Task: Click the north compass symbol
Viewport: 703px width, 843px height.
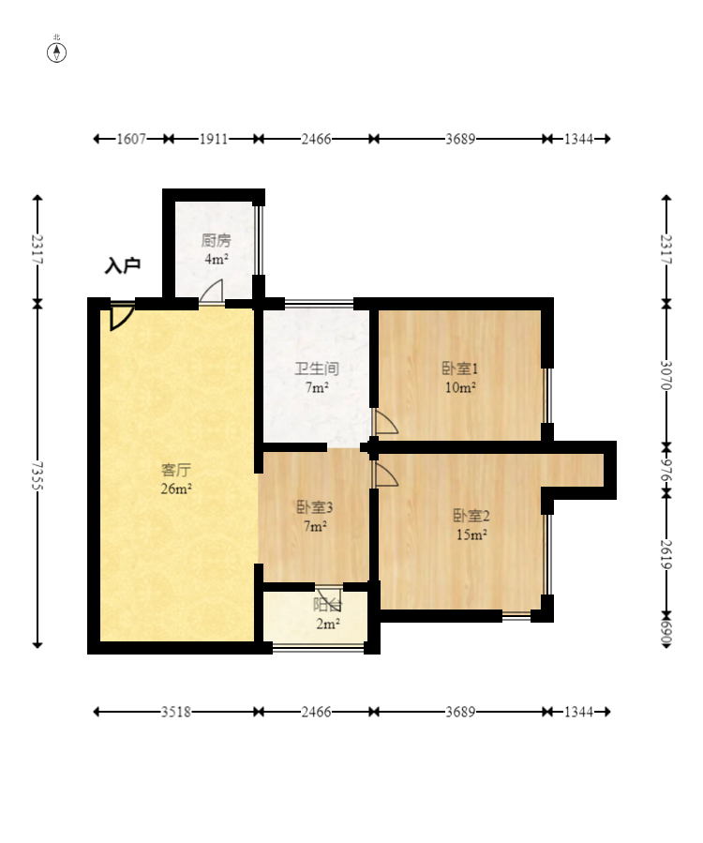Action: click(x=56, y=53)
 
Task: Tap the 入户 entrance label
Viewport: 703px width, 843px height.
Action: click(x=123, y=265)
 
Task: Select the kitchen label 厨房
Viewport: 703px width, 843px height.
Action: click(x=217, y=240)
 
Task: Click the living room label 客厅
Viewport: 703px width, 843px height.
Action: click(x=176, y=470)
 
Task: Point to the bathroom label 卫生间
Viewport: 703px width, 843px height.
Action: click(x=317, y=369)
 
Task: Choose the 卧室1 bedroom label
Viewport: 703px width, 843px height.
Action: click(x=460, y=369)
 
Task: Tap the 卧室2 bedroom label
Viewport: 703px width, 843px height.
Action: click(x=471, y=516)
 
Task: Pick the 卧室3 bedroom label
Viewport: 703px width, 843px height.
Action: click(x=315, y=507)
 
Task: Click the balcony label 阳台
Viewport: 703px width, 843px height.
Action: click(x=327, y=606)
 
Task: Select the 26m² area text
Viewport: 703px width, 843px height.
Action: click(x=176, y=489)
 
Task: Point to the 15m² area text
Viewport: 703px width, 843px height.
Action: click(x=471, y=534)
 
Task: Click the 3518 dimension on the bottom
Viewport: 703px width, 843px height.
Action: click(x=176, y=712)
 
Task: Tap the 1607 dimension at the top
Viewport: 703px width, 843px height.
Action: click(x=131, y=139)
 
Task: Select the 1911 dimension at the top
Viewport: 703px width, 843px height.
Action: click(x=214, y=139)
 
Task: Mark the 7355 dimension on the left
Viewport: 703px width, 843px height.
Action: click(x=37, y=475)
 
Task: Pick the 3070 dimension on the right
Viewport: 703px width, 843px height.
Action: click(x=666, y=375)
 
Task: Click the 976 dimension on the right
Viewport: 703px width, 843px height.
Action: click(x=666, y=470)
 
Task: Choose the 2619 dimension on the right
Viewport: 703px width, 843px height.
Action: click(x=666, y=554)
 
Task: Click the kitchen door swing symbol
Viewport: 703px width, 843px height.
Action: click(x=212, y=292)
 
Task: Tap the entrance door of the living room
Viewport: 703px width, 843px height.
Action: click(x=122, y=316)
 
